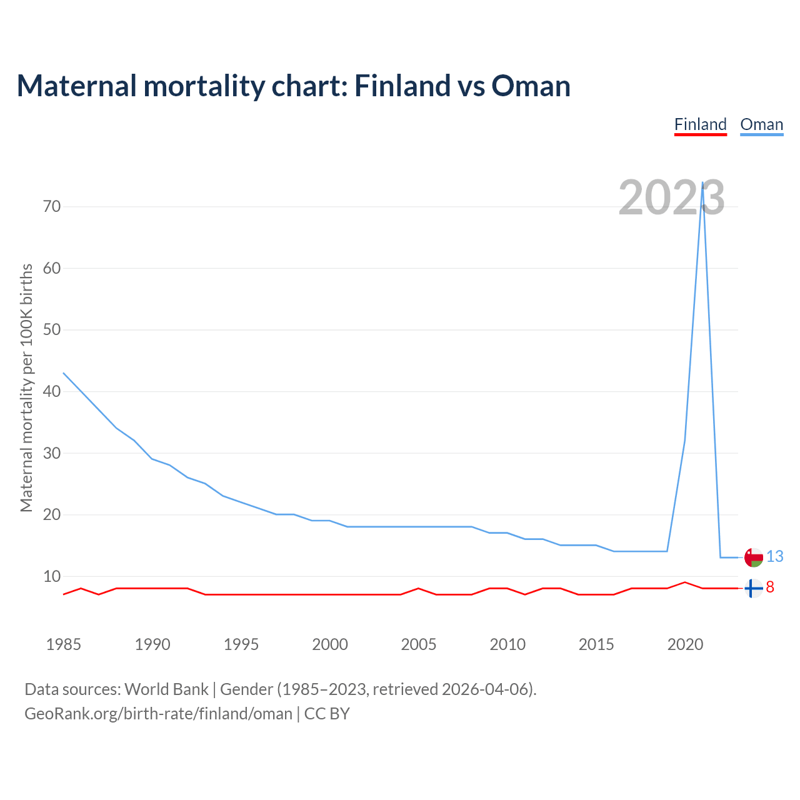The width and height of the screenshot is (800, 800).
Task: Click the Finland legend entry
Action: (700, 124)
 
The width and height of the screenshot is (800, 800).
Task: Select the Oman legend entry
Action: (761, 124)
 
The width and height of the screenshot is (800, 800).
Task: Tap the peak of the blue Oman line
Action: (702, 182)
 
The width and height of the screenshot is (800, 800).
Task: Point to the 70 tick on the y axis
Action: (52, 206)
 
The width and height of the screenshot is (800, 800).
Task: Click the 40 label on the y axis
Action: (52, 391)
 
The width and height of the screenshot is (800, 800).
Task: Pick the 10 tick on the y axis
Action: (52, 576)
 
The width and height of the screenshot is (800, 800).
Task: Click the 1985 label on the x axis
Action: (64, 644)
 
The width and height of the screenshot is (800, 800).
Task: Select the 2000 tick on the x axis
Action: (330, 644)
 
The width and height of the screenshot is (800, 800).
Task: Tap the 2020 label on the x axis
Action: (685, 644)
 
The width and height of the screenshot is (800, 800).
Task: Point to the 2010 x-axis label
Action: (507, 644)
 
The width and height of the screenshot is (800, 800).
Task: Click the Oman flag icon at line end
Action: (754, 557)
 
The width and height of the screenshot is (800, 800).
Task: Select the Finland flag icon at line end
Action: (754, 588)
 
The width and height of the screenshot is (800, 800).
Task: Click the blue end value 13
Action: (774, 556)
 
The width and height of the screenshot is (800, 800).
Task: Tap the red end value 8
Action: (770, 587)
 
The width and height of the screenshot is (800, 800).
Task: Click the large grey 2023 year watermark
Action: (671, 197)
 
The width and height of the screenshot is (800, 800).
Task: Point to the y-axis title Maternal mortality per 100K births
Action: (26, 387)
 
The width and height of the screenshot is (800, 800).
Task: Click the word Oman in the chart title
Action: (531, 86)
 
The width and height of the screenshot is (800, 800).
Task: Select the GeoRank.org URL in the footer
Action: (158, 714)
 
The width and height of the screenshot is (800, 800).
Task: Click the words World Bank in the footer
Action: (166, 689)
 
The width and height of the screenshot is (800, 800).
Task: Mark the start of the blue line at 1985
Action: (64, 373)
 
